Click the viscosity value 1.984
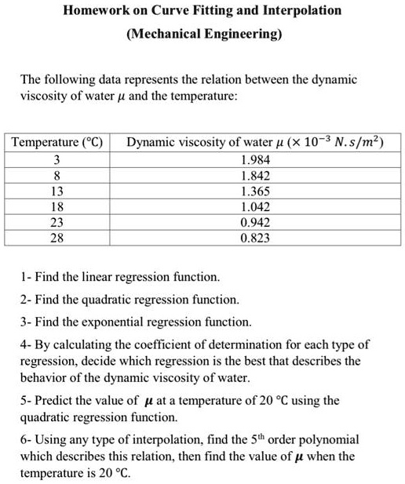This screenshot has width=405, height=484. (256, 161)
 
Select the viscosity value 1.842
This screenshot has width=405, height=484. (256, 176)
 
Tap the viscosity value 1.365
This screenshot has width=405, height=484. (256, 191)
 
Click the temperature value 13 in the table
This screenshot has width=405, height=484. (57, 191)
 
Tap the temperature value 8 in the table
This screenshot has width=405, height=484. (57, 176)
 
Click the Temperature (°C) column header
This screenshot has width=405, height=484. (57, 143)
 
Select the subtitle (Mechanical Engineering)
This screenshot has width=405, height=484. (202, 35)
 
